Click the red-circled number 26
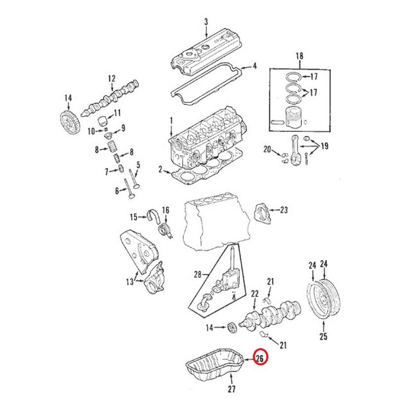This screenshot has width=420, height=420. pyautogui.click(x=260, y=358)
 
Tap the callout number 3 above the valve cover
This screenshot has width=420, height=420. pyautogui.click(x=206, y=22)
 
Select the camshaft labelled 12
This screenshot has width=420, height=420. pyautogui.click(x=110, y=98)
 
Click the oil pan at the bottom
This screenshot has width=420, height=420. pyautogui.click(x=214, y=366)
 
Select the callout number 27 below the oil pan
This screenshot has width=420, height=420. pyautogui.click(x=232, y=389)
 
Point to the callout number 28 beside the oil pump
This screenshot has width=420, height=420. pyautogui.click(x=198, y=275)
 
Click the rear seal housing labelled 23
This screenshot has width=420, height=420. pyautogui.click(x=262, y=213)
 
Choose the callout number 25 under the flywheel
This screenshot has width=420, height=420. pyautogui.click(x=324, y=336)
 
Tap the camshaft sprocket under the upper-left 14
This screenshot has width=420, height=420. pyautogui.click(x=69, y=123)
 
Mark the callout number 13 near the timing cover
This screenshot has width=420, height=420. pyautogui.click(x=130, y=282)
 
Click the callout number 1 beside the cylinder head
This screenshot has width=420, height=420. pyautogui.click(x=171, y=121)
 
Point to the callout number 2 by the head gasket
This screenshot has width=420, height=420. pyautogui.click(x=160, y=169)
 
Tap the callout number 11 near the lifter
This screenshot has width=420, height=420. pyautogui.click(x=117, y=113)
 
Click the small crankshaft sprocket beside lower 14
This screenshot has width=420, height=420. pyautogui.click(x=231, y=328)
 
